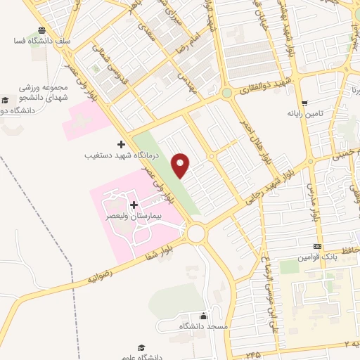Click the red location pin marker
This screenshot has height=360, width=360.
pyautogui.click(x=181, y=165)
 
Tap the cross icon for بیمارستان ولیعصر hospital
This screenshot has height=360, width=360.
pyautogui.click(x=133, y=204)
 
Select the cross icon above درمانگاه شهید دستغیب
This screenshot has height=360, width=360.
pyautogui.click(x=120, y=143)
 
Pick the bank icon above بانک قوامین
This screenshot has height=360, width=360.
pyautogui.click(x=318, y=247)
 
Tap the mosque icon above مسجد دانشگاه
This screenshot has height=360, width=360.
pyautogui.click(x=204, y=316)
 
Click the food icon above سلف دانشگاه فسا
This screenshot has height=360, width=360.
pyautogui.click(x=42, y=30)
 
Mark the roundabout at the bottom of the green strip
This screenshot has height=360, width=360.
pyautogui.click(x=195, y=232)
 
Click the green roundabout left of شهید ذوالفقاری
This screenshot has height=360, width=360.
pyautogui.click(x=227, y=93)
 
